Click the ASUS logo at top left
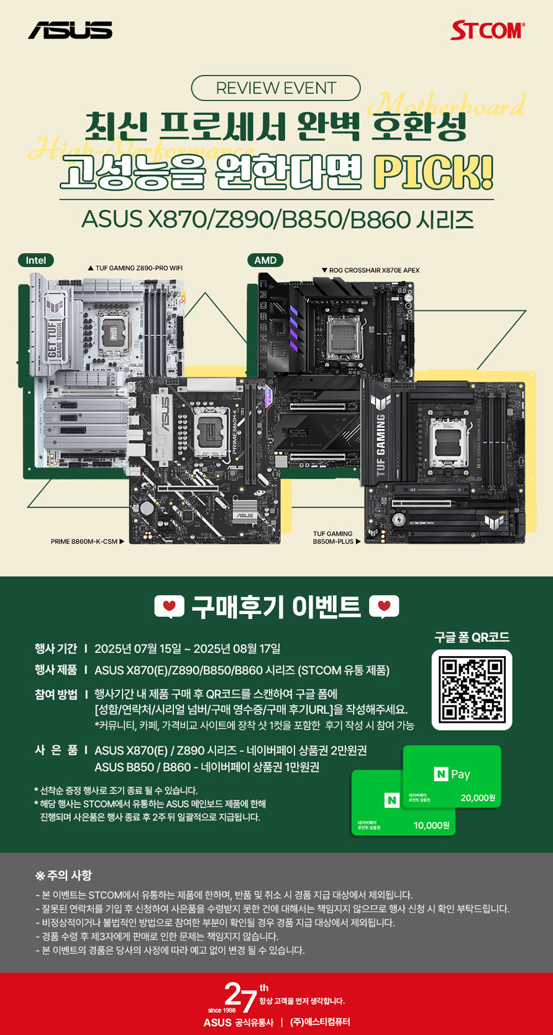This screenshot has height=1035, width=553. [70, 30]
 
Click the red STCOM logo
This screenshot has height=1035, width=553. [488, 30]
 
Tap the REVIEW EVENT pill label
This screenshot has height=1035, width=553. [276, 88]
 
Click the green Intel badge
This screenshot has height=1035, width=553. [35, 260]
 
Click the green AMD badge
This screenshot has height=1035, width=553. [265, 260]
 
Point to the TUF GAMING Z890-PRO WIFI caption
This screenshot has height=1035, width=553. [135, 268]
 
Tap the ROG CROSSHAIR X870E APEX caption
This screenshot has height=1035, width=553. [370, 270]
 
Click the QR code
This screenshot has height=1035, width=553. [472, 689]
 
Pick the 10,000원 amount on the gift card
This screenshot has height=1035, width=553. [431, 825]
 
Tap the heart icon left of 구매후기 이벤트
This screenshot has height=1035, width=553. [169, 606]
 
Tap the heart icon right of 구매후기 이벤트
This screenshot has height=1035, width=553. [384, 606]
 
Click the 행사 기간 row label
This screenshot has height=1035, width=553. [56, 649]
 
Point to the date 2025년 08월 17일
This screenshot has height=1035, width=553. [237, 649]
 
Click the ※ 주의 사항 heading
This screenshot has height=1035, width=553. [63, 875]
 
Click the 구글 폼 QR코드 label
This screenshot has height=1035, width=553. [472, 637]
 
